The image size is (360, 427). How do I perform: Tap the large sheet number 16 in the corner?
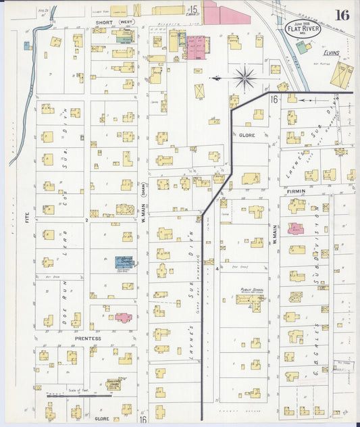tap(342, 15)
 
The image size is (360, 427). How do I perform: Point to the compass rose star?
tap(245, 78)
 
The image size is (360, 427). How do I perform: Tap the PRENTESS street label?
tap(88, 338)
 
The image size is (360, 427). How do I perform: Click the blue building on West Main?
tap(124, 262)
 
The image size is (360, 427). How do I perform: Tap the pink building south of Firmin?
tap(296, 229)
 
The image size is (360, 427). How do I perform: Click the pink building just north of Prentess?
tap(123, 317)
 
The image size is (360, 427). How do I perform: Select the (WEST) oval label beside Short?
tap(126, 22)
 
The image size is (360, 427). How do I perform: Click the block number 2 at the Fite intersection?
tap(87, 220)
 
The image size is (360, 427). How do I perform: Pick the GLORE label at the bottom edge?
tap(101, 419)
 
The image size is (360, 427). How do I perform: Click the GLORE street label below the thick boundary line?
tap(246, 134)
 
